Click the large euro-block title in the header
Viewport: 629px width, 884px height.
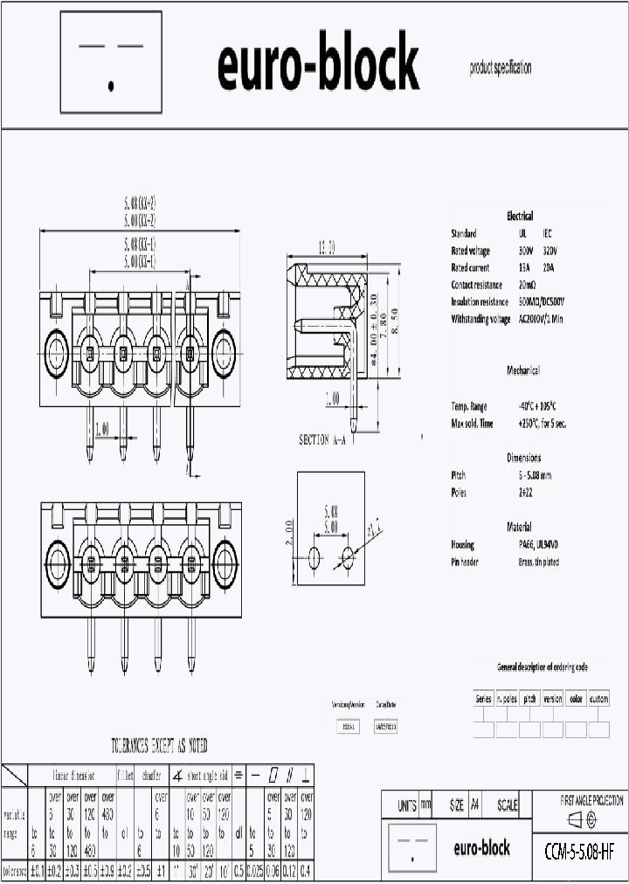318,66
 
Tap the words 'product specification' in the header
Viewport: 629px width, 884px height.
500,68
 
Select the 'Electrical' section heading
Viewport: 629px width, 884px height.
520,216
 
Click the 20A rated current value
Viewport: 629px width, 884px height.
549,268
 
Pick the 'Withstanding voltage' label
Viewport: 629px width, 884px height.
480,320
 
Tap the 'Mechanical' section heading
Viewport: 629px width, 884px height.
523,370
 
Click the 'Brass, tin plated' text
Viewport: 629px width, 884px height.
539,562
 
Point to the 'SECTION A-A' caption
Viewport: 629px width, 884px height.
322,440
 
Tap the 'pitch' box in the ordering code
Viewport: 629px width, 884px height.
529,699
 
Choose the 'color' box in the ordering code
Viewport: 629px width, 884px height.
576,699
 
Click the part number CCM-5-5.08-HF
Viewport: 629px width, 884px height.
577,847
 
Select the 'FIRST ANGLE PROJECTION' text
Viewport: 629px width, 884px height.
591,800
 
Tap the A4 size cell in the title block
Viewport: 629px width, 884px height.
474,805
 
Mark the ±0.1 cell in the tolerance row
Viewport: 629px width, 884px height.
37,871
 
